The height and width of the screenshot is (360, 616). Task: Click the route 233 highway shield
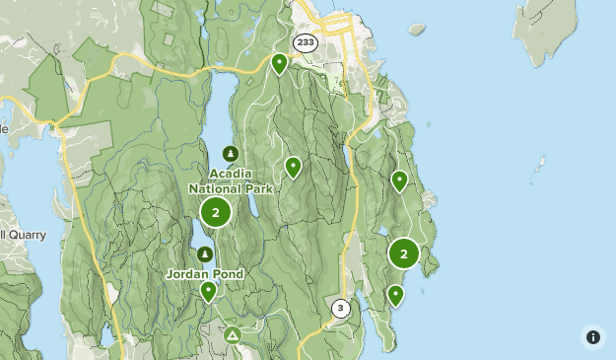[x=305, y=42]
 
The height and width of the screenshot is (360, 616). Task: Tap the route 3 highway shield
[x=341, y=308]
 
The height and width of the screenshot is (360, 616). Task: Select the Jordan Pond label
[x=205, y=273]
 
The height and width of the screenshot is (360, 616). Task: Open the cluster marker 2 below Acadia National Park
[x=215, y=211]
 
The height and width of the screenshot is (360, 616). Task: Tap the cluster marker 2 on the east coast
[x=404, y=253]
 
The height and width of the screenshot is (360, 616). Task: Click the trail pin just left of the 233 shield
[x=280, y=63]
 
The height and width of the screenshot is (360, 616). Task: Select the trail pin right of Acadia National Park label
[x=293, y=166]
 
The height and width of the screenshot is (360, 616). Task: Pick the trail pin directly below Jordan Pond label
[x=208, y=290]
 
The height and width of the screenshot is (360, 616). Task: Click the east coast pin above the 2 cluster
[x=399, y=180]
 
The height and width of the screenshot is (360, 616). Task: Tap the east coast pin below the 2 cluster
[x=396, y=294]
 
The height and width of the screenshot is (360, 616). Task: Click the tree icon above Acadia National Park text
[x=230, y=154]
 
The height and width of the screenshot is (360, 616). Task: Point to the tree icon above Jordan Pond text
[x=205, y=254]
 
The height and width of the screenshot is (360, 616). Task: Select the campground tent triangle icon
[x=232, y=336]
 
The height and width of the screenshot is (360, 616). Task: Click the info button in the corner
[x=592, y=337]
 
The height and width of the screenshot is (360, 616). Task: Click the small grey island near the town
[x=417, y=30]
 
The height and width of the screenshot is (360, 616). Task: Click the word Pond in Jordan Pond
[x=227, y=273]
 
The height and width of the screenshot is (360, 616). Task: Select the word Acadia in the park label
[x=231, y=174]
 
